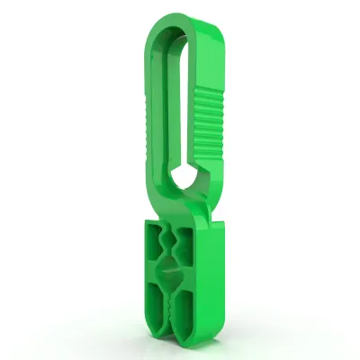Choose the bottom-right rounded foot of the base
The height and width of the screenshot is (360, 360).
(190, 340)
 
